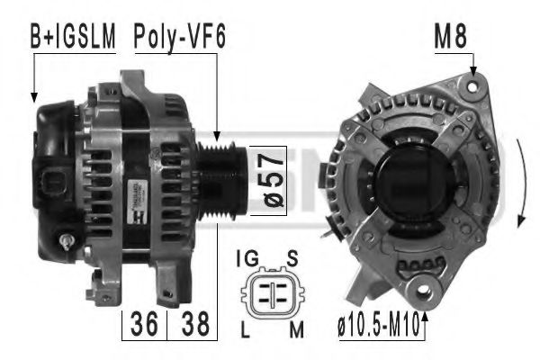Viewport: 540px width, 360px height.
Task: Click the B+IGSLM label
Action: pyautogui.click(x=72, y=37)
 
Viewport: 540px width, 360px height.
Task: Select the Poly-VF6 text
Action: pyautogui.click(x=179, y=37)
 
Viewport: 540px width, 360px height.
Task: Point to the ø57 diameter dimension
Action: pyautogui.click(x=267, y=180)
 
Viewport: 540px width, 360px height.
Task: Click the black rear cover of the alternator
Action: pyautogui.click(x=56, y=171)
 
